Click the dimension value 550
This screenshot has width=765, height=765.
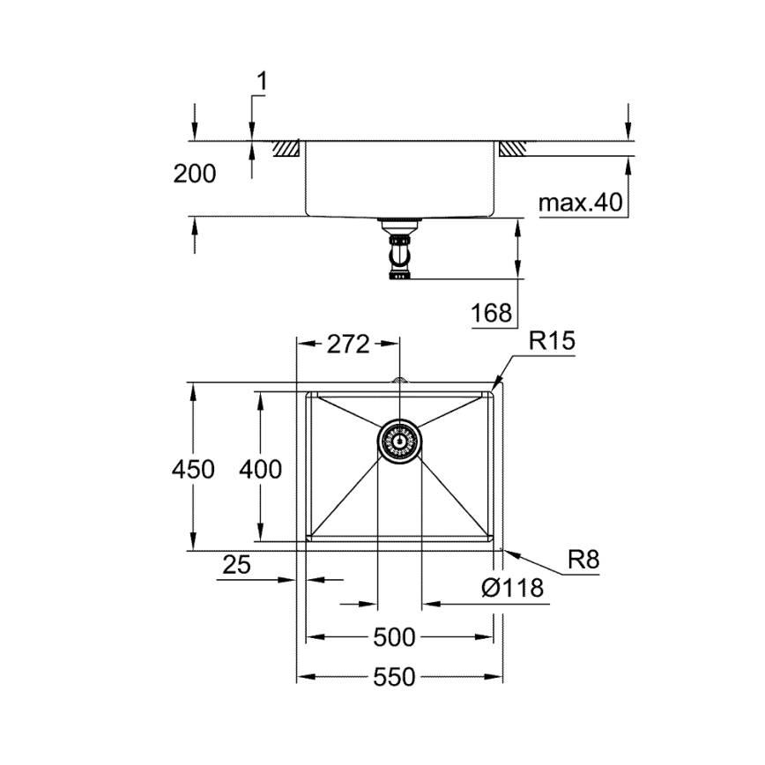(x=394, y=677)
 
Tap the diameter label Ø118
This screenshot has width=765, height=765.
(x=513, y=588)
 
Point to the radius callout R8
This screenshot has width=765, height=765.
(x=583, y=559)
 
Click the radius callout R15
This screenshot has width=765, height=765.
(x=552, y=341)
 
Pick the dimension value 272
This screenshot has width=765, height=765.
(x=347, y=345)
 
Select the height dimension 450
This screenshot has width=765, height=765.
(x=193, y=469)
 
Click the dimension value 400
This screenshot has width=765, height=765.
(x=261, y=469)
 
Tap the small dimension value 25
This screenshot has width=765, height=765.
(x=235, y=565)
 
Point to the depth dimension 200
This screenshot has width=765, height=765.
(x=194, y=174)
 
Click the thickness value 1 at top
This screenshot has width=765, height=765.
(x=261, y=81)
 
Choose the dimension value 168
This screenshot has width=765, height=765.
(x=491, y=312)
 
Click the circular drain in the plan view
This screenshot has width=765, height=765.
(x=399, y=440)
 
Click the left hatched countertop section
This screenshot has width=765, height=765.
(x=286, y=149)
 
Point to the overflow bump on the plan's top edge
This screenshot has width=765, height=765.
(x=399, y=380)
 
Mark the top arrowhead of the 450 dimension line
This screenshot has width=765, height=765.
(x=193, y=388)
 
